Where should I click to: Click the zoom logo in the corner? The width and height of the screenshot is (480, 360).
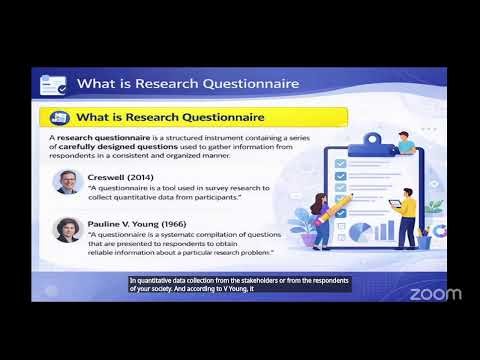tap(435, 293)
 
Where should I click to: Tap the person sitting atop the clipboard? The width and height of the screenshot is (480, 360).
tap(404, 144)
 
